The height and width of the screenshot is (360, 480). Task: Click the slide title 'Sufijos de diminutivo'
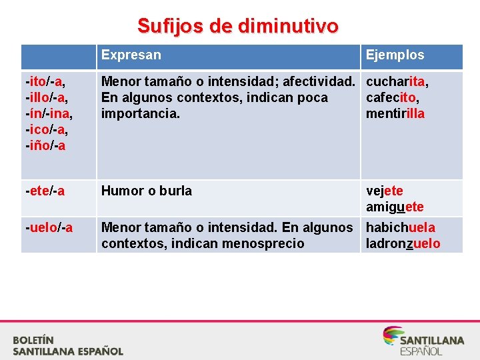(x=238, y=26)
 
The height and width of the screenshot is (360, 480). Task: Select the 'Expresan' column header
(x=131, y=55)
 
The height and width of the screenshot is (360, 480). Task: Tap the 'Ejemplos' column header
(x=395, y=55)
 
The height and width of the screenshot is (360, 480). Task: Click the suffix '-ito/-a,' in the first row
(x=45, y=82)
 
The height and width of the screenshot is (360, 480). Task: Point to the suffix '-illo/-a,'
(x=47, y=98)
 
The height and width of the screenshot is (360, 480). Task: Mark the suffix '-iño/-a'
(x=45, y=146)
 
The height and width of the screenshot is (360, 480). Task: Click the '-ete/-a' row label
(x=45, y=191)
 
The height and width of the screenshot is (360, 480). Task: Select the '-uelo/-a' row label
(x=49, y=228)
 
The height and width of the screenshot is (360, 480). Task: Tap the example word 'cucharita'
(x=396, y=82)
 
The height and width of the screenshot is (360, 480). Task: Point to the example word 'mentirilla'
(x=395, y=114)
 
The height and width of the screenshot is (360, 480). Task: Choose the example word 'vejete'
(x=385, y=191)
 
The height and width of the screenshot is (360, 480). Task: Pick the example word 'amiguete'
(x=395, y=207)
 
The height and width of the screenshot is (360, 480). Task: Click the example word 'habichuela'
(x=400, y=228)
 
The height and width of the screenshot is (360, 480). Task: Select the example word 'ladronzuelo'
(x=403, y=244)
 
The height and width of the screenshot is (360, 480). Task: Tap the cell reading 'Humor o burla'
(x=146, y=191)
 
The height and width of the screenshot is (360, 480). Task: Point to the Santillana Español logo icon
(x=392, y=335)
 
